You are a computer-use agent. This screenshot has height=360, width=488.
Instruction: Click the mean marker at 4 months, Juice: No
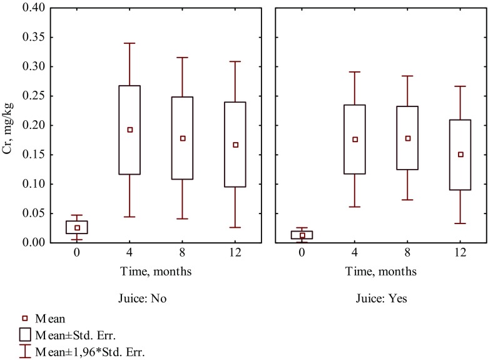click(130, 130)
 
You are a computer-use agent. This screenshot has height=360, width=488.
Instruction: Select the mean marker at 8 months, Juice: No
click(183, 138)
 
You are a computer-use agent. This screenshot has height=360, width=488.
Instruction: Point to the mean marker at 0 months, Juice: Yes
click(302, 235)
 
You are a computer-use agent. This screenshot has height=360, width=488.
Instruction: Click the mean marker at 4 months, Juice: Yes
click(355, 140)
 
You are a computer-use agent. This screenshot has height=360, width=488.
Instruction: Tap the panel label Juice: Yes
click(382, 299)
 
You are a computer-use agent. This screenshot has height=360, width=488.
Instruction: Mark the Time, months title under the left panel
click(156, 271)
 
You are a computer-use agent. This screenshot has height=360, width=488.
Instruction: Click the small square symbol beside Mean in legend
click(26, 318)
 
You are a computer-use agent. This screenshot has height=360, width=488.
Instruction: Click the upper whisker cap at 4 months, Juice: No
click(130, 43)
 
